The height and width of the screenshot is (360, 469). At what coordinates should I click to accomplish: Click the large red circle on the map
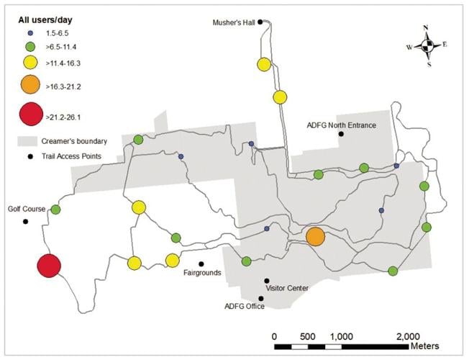(49, 266)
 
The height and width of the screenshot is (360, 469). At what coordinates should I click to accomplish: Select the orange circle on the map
(315, 236)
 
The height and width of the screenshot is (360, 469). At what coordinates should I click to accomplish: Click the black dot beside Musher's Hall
(260, 22)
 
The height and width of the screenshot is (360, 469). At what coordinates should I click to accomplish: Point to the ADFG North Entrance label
(341, 125)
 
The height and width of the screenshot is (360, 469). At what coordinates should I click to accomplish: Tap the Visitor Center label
(287, 288)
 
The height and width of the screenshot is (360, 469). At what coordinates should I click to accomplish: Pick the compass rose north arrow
(427, 34)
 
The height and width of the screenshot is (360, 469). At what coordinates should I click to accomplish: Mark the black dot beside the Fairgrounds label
(201, 264)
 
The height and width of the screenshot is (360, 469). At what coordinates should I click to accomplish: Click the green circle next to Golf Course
(55, 210)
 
